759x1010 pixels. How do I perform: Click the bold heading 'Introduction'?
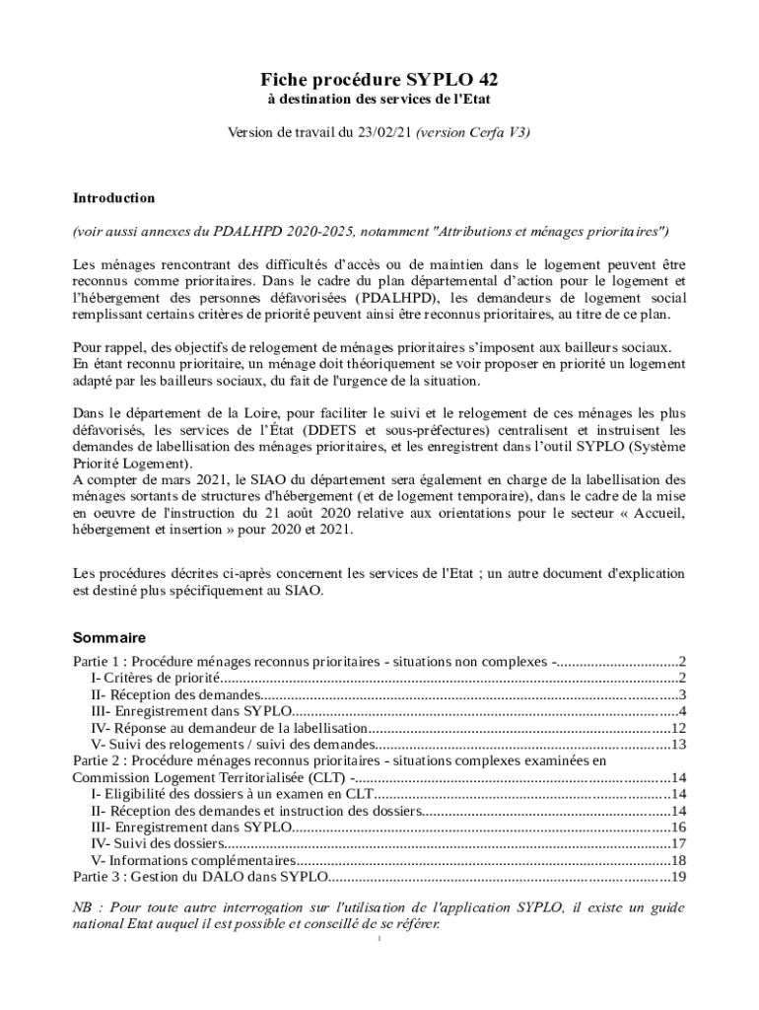tap(113, 198)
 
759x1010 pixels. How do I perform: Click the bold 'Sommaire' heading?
tap(109, 637)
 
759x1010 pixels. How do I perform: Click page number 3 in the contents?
tap(681, 694)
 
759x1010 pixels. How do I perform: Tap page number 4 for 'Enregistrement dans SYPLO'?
tap(681, 711)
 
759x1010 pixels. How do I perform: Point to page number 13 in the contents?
tap(677, 745)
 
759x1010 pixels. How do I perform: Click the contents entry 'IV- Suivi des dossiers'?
tap(155, 843)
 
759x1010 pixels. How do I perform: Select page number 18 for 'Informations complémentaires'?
tap(677, 860)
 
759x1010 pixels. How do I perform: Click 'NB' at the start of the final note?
tap(83, 907)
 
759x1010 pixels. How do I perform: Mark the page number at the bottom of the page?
tap(379, 938)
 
